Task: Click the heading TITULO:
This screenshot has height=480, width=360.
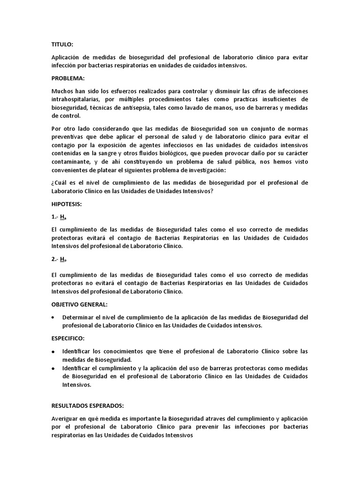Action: coord(62,45)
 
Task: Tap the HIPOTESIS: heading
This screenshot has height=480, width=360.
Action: coord(67,204)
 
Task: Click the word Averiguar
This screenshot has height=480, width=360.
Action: coord(66,418)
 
